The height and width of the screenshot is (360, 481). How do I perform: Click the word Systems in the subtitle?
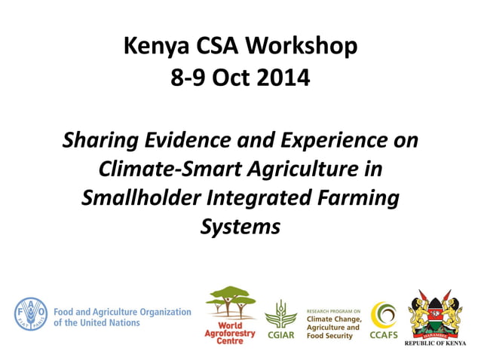click(240, 227)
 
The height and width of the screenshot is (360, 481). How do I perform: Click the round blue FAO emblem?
click(30, 314)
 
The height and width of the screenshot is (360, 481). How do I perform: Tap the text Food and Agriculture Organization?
click(122, 311)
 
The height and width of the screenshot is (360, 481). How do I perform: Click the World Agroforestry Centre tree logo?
click(230, 301)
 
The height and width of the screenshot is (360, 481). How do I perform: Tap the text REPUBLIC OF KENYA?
click(435, 343)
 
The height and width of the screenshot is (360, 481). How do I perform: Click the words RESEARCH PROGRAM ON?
click(333, 310)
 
